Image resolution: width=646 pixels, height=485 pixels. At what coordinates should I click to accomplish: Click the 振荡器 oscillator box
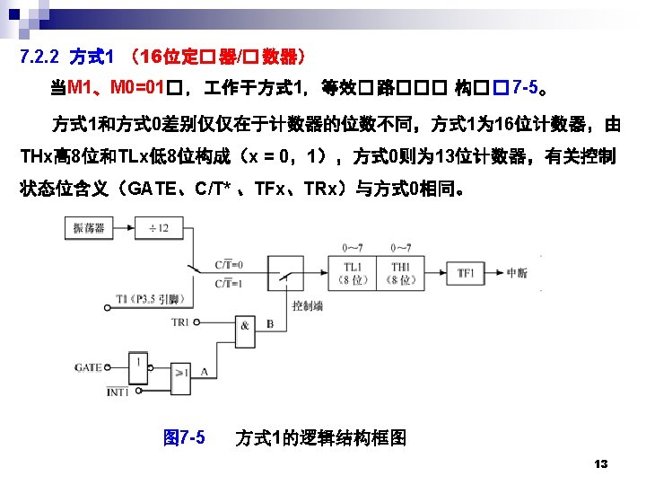(88, 228)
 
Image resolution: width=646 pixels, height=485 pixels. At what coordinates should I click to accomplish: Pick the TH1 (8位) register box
(402, 273)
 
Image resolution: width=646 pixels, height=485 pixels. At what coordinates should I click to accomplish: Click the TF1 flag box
(466, 273)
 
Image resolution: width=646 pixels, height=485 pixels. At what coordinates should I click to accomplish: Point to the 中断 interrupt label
(518, 273)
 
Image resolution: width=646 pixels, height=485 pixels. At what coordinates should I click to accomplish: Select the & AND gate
(244, 325)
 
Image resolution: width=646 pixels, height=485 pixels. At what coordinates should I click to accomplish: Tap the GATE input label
(88, 367)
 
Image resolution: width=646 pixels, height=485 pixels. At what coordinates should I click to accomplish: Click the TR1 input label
(180, 322)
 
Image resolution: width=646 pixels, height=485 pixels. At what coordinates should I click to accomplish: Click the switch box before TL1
(287, 272)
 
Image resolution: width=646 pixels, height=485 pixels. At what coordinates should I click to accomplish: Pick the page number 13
(601, 463)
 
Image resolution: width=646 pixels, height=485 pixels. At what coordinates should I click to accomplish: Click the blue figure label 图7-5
(184, 437)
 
